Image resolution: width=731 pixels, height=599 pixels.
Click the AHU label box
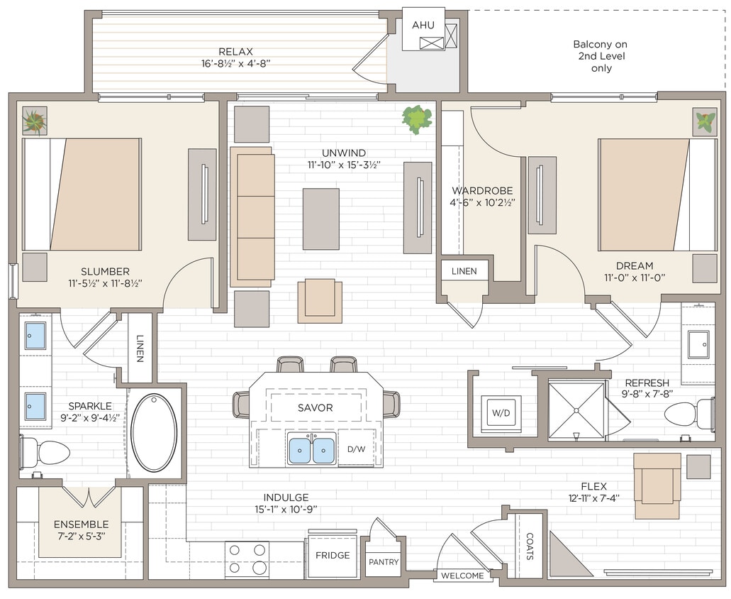tap(423, 26)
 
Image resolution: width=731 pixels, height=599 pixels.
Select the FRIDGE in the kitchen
tap(333, 555)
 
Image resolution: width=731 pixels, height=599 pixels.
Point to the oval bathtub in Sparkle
tap(154, 432)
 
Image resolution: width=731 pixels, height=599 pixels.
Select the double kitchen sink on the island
tap(312, 450)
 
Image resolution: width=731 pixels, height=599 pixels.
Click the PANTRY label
tap(384, 562)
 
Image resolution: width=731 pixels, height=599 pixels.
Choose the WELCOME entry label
tap(462, 576)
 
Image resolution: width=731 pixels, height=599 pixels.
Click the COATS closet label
tap(529, 547)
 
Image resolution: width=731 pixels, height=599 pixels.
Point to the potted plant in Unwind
tap(416, 119)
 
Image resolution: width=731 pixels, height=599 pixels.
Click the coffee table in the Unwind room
tap(320, 219)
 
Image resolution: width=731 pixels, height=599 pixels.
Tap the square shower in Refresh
tap(577, 410)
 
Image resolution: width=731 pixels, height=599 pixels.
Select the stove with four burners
tap(247, 559)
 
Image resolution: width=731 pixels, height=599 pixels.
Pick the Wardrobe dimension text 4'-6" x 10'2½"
tap(482, 202)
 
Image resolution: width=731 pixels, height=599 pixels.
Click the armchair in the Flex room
tap(657, 486)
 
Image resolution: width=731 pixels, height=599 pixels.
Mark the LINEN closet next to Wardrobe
tap(464, 271)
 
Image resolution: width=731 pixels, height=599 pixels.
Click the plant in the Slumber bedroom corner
tap(34, 121)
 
